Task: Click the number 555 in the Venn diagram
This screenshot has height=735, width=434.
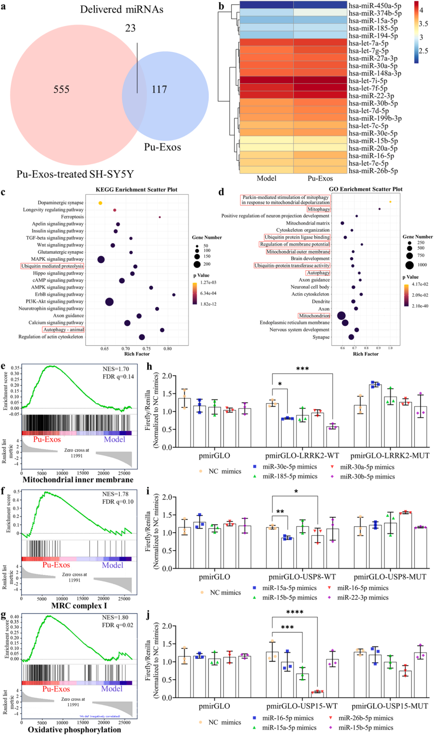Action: pyautogui.click(x=61, y=89)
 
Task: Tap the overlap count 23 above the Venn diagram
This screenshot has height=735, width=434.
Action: pyautogui.click(x=130, y=28)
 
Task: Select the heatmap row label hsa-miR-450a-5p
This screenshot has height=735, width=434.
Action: pyautogui.click(x=375, y=6)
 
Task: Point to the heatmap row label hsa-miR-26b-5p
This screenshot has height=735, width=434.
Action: pyautogui.click(x=373, y=171)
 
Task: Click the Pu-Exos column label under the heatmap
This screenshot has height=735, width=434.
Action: pyautogui.click(x=320, y=178)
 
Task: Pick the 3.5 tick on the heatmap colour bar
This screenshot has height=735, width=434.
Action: pyautogui.click(x=423, y=24)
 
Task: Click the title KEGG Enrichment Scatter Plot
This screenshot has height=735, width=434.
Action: pyautogui.click(x=136, y=190)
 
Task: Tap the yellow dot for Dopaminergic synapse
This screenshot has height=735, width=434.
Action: pyautogui.click(x=101, y=203)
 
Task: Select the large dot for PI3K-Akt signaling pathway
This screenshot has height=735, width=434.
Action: pyautogui.click(x=110, y=302)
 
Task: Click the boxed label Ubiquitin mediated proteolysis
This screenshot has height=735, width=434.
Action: pyautogui.click(x=53, y=266)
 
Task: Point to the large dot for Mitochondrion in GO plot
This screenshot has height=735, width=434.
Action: pyautogui.click(x=341, y=316)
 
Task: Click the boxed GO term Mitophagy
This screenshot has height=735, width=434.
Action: pyautogui.click(x=319, y=209)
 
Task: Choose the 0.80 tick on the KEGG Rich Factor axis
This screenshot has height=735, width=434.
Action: pyautogui.click(x=167, y=348)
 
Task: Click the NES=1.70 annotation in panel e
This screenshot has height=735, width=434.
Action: pyautogui.click(x=116, y=369)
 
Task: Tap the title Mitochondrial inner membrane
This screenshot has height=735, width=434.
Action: pyautogui.click(x=78, y=480)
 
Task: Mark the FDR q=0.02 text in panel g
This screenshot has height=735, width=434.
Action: pyautogui.click(x=118, y=625)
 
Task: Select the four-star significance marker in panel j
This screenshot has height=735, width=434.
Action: pyautogui.click(x=295, y=612)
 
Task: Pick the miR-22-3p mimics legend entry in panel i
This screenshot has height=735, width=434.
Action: pyautogui.click(x=363, y=597)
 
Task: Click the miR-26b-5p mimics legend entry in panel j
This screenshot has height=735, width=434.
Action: pyautogui.click(x=366, y=718)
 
